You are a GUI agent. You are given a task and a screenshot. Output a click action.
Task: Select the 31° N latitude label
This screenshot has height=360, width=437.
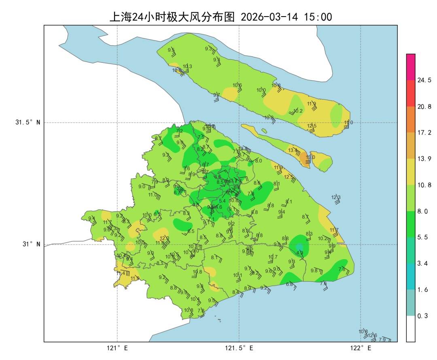(30, 244)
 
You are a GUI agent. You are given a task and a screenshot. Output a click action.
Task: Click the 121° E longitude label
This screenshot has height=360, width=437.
(118, 348)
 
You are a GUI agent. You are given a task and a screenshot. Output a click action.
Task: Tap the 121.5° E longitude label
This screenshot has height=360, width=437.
(240, 348)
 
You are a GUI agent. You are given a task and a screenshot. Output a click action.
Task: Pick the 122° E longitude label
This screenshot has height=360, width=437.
(361, 348)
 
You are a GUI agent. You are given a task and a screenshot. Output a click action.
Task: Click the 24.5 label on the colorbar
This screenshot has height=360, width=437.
(424, 80)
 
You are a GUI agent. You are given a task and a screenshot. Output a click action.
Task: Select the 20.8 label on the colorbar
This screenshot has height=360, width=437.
(424, 107)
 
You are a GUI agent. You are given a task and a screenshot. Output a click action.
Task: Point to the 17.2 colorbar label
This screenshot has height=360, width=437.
(424, 132)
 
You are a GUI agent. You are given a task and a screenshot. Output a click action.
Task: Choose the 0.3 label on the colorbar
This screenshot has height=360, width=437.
(423, 316)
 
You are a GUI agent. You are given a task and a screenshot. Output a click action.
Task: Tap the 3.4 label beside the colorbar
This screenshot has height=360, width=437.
(423, 263)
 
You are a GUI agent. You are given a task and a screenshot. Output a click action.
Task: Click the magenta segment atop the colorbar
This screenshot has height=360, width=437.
(411, 67)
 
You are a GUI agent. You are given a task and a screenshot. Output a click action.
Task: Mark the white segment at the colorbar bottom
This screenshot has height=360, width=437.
(411, 328)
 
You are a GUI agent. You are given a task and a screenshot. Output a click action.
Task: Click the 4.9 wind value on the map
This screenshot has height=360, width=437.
(299, 253)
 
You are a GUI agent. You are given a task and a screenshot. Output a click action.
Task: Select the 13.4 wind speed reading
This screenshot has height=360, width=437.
(293, 150)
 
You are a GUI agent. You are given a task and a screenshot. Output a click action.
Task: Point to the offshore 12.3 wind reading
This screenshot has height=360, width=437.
(336, 197)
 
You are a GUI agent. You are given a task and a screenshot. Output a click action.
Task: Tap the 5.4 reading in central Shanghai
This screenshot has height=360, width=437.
(222, 201)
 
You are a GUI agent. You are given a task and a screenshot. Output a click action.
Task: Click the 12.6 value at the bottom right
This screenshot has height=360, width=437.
(372, 335)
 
